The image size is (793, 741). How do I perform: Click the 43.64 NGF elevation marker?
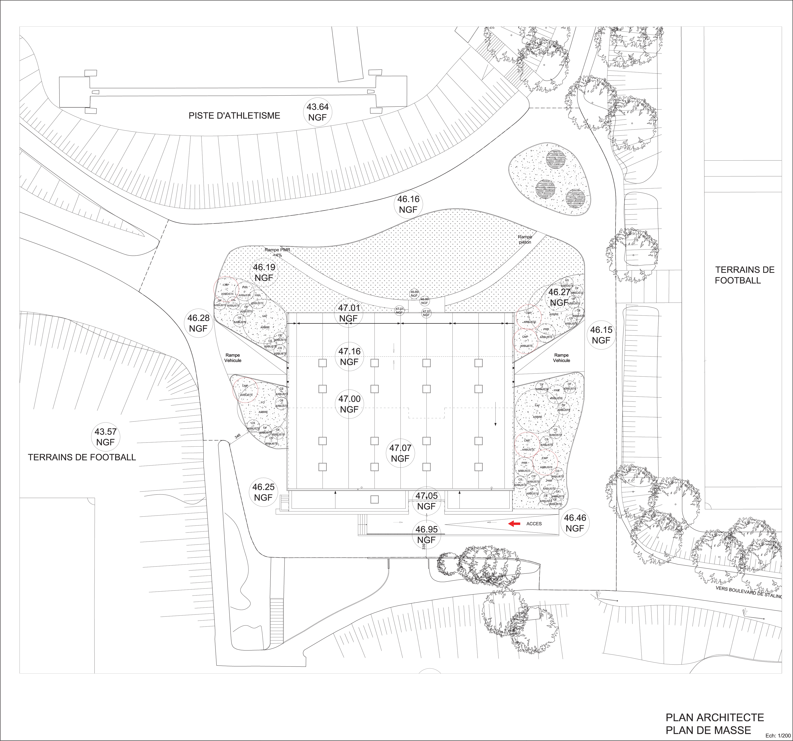(318, 112)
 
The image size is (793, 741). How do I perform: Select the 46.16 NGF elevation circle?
(408, 204)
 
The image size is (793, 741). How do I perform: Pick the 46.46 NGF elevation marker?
(575, 523)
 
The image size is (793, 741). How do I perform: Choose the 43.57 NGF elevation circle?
(105, 437)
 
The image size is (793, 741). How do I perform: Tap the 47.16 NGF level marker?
(349, 356)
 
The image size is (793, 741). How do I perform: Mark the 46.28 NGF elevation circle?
(198, 323)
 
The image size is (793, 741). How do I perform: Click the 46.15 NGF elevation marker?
(601, 335)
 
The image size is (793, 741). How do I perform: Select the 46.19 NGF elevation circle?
(264, 272)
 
